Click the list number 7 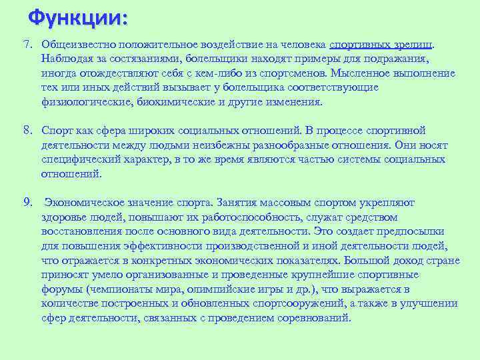27,44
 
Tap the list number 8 27,130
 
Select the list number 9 27,202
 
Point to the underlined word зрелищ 413,44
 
